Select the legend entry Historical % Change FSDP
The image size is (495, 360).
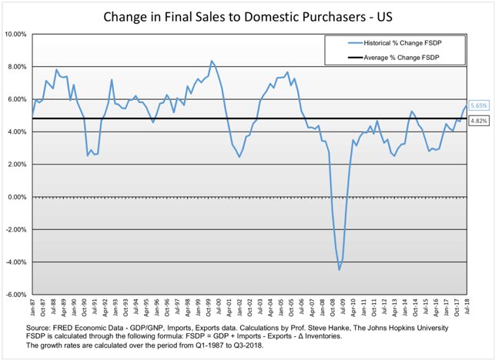click(x=403, y=44)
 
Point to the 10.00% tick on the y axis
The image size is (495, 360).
click(x=15, y=35)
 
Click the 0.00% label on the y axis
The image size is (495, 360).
click(x=17, y=197)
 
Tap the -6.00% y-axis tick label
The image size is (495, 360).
click(x=16, y=295)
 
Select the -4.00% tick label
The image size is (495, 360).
click(x=16, y=262)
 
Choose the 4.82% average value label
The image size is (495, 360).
click(x=477, y=120)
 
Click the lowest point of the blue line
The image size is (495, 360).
click(x=339, y=269)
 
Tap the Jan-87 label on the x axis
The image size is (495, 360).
click(x=32, y=306)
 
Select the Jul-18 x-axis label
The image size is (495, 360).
click(x=466, y=306)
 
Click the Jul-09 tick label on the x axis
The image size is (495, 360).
click(x=342, y=306)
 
